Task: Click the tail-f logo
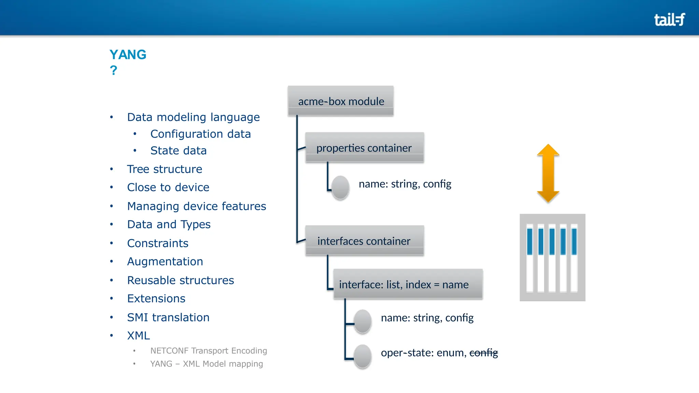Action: (x=669, y=20)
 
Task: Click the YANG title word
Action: (x=128, y=55)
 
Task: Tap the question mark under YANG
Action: (x=113, y=71)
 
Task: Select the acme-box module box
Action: (x=341, y=101)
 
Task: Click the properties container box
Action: (x=364, y=148)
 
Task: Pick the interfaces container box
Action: (x=364, y=241)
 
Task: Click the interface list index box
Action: (x=408, y=284)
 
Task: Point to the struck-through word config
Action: (x=484, y=352)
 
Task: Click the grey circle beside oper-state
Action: (x=362, y=356)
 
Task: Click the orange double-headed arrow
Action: (x=548, y=173)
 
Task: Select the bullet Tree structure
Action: (x=165, y=169)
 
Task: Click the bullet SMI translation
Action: (x=168, y=317)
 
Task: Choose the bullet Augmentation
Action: (x=165, y=262)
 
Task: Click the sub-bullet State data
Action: (x=179, y=150)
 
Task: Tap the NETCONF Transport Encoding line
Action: (x=209, y=351)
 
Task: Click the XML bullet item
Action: (x=139, y=336)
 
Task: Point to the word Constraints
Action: (x=158, y=243)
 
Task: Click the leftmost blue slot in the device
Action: (x=530, y=242)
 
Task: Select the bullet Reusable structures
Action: (x=181, y=280)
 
